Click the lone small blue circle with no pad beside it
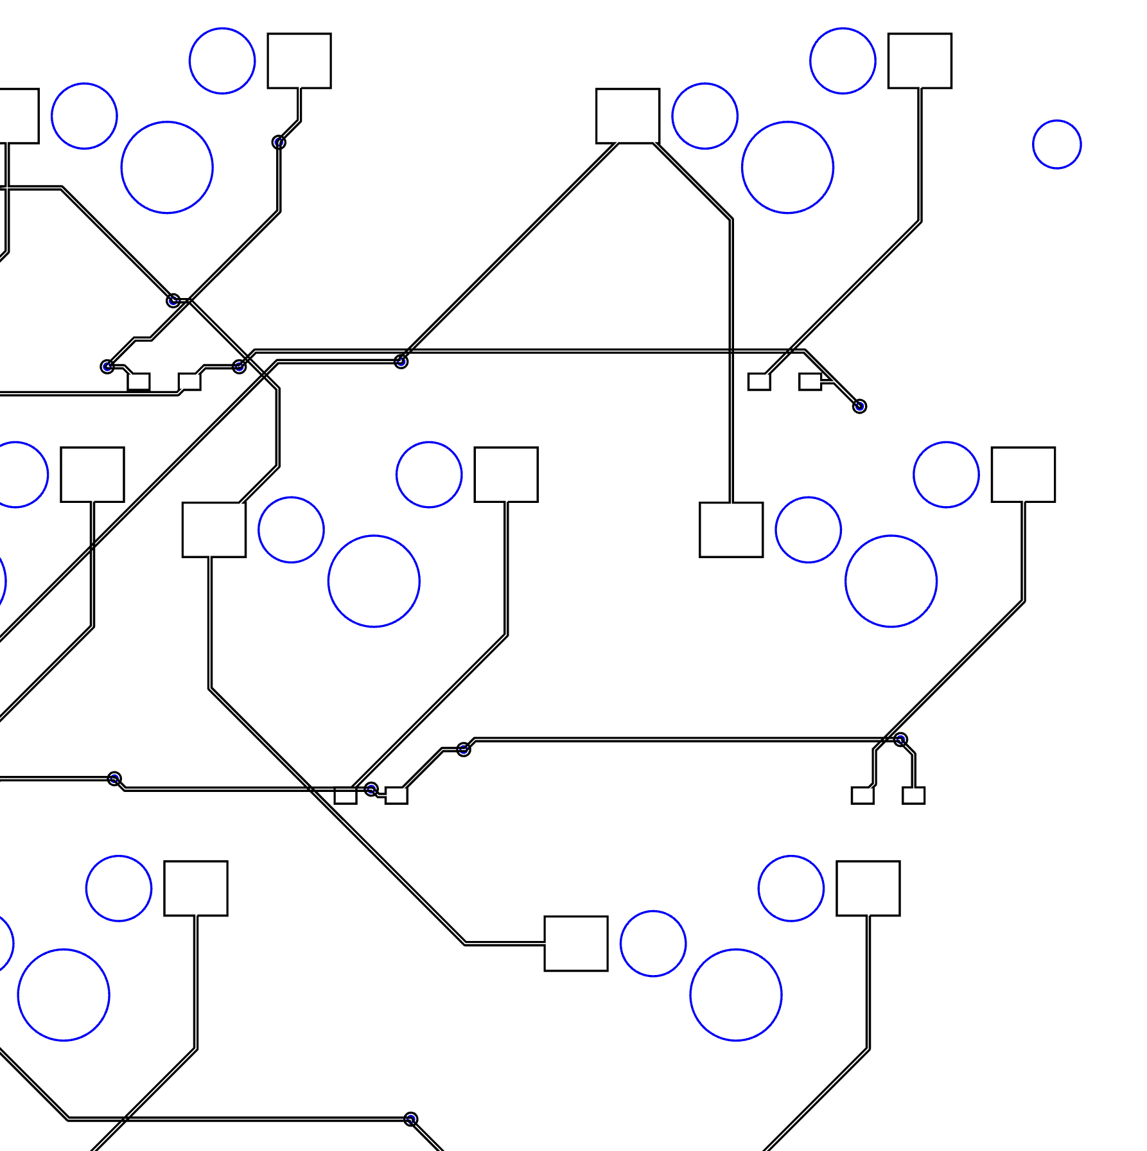pyautogui.click(x=1056, y=145)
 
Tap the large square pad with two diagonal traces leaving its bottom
pyautogui.click(x=627, y=116)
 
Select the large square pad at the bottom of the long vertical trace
pyautogui.click(x=731, y=530)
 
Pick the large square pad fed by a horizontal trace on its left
pyautogui.click(x=575, y=944)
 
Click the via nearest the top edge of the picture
pyautogui.click(x=279, y=142)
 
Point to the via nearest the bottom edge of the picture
pyautogui.click(x=411, y=1120)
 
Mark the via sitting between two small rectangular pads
pyautogui.click(x=371, y=789)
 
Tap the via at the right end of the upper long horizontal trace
pyautogui.click(x=859, y=406)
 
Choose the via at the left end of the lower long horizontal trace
pyautogui.click(x=464, y=749)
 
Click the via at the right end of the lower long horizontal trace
pyautogui.click(x=900, y=740)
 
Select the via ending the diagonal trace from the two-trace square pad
pyautogui.click(x=401, y=362)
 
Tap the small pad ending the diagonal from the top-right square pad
pyautogui.click(x=759, y=382)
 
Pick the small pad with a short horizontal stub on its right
pyautogui.click(x=810, y=382)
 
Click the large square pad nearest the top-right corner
pyautogui.click(x=920, y=61)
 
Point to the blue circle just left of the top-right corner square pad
pyautogui.click(x=843, y=61)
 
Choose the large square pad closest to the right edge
pyautogui.click(x=1023, y=475)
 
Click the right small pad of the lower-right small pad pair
pyautogui.click(x=913, y=795)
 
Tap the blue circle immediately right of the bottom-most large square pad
pyautogui.click(x=653, y=944)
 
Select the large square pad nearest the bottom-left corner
pyautogui.click(x=196, y=888)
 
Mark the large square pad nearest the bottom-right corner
pyautogui.click(x=868, y=888)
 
